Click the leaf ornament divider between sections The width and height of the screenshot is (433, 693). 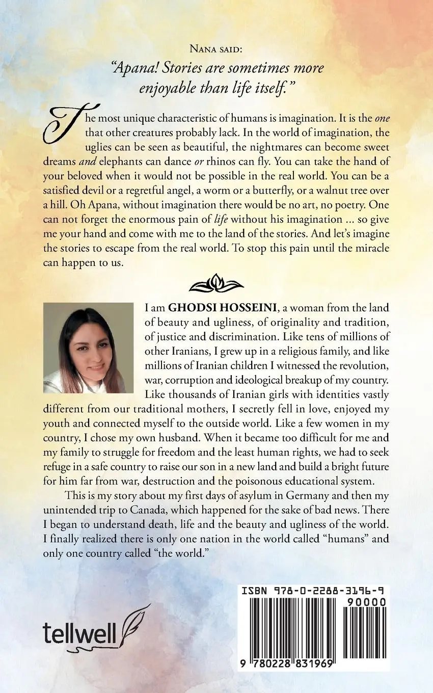(216, 283)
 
